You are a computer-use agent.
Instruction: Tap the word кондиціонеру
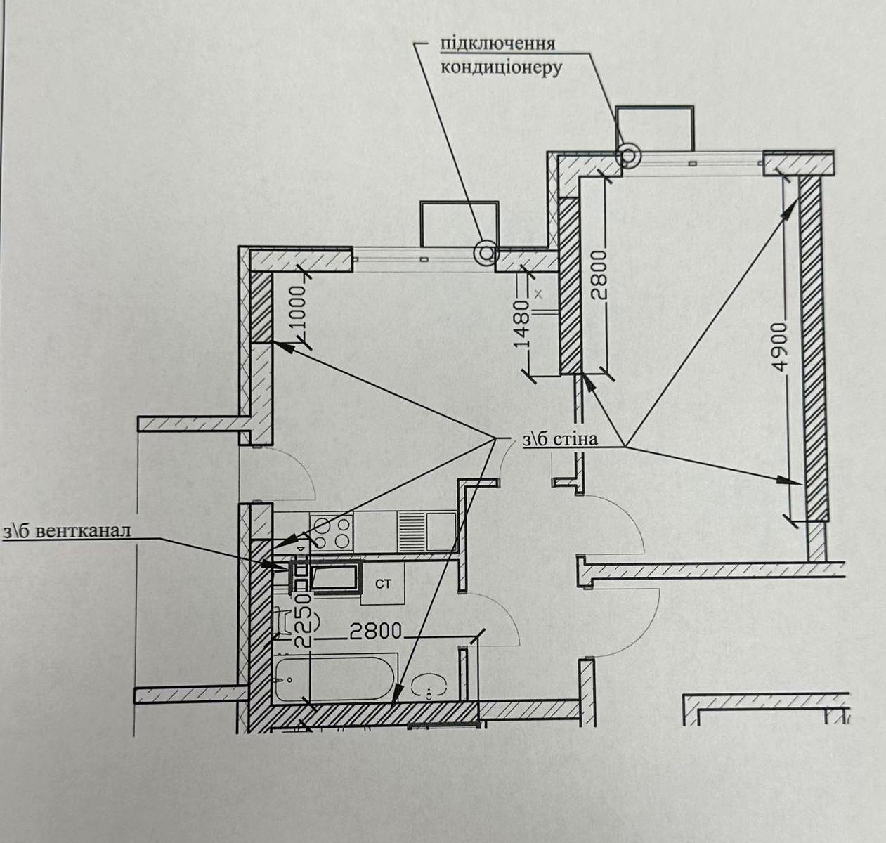(501, 68)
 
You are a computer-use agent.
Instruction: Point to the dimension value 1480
(521, 324)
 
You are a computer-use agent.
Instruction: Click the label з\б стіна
(560, 439)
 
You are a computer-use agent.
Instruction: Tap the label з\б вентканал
(67, 530)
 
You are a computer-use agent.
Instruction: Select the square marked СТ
(383, 584)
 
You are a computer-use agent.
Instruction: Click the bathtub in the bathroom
(335, 679)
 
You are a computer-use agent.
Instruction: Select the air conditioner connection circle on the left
(486, 252)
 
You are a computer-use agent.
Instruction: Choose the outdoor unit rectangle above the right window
(654, 129)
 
